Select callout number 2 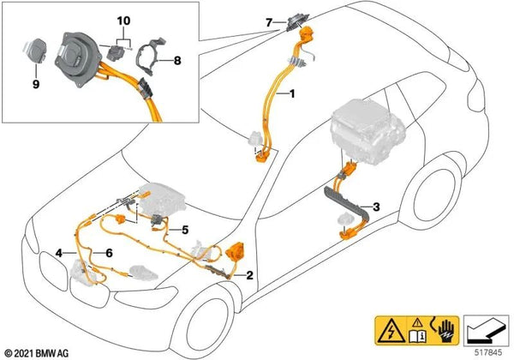click(x=248, y=276)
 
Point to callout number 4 click(x=59, y=252)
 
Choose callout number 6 click(x=110, y=252)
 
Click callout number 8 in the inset click(x=178, y=60)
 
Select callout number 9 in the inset click(x=36, y=85)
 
